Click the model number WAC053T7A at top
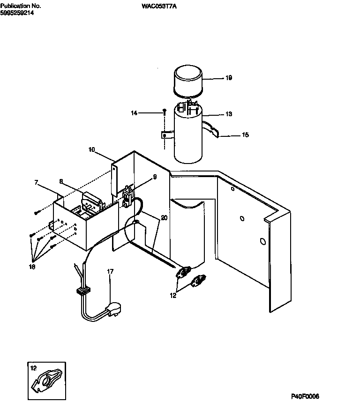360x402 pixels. pyautogui.click(x=159, y=6)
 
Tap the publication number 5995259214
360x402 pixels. pyautogui.click(x=17, y=13)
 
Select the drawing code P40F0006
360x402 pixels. pyautogui.click(x=304, y=396)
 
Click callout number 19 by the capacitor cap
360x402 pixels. pyautogui.click(x=229, y=78)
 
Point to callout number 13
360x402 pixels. pyautogui.click(x=229, y=114)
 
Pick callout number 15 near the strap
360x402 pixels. pyautogui.click(x=245, y=135)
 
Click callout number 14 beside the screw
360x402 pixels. pyautogui.click(x=134, y=113)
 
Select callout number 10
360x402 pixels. pyautogui.click(x=91, y=149)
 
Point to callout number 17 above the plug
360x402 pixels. pyautogui.click(x=110, y=271)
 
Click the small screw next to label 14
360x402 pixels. pyautogui.click(x=165, y=111)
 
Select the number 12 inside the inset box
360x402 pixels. pyautogui.click(x=33, y=368)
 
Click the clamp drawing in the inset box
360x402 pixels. pyautogui.click(x=46, y=381)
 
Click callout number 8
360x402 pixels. pyautogui.click(x=61, y=180)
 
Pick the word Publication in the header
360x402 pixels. pyautogui.click(x=12, y=6)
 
